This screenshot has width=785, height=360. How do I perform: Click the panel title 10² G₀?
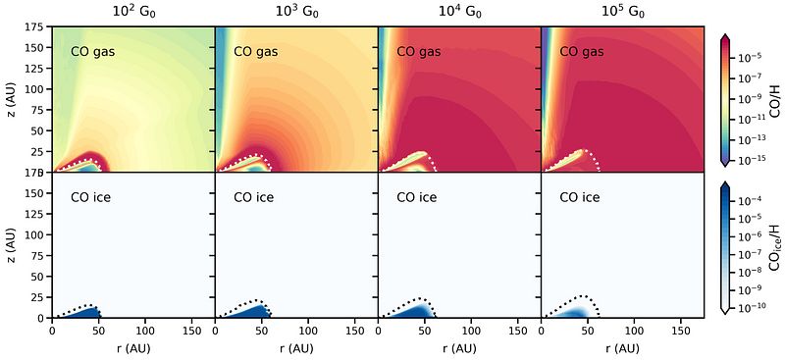(x=133, y=12)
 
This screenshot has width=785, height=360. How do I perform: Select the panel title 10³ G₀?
(x=297, y=12)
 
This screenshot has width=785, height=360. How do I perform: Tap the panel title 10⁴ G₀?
(x=459, y=12)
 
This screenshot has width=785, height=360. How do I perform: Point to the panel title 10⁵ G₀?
(x=622, y=12)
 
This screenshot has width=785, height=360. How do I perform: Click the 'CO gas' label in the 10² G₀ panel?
(x=93, y=52)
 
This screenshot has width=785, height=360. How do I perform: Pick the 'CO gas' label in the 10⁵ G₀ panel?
(x=581, y=52)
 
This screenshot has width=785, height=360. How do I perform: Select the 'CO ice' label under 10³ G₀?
(x=254, y=197)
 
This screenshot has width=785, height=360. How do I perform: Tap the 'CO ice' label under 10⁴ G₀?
(x=416, y=197)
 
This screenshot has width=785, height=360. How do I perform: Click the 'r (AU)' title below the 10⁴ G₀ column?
(x=459, y=348)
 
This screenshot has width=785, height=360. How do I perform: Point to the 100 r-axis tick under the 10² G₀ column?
(x=145, y=331)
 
